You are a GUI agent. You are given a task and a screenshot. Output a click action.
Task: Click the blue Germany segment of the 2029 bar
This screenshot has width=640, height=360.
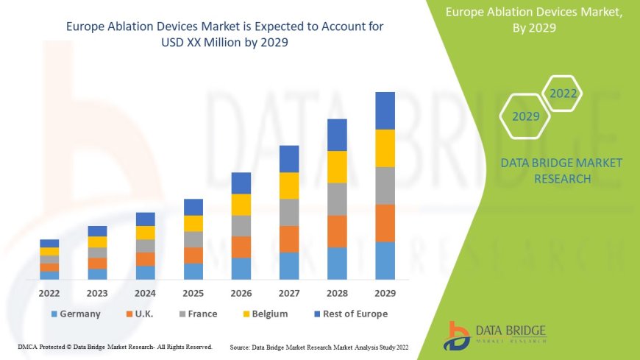coord(385,261)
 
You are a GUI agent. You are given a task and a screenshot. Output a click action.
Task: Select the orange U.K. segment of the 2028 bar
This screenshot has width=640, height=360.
coord(337,231)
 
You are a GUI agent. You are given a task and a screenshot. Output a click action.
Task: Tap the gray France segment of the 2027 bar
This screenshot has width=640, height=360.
coord(289,212)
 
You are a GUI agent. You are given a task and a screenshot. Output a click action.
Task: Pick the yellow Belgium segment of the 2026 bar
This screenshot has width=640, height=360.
coord(241,205)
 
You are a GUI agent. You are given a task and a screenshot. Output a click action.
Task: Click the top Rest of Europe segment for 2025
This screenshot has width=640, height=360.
coord(193,207)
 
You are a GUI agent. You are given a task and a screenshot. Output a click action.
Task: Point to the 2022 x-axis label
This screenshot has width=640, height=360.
coord(49,292)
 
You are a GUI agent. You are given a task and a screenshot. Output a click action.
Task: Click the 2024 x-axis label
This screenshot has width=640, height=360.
coord(145,292)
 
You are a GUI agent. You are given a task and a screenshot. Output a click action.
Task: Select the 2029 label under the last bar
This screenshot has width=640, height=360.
coord(385,292)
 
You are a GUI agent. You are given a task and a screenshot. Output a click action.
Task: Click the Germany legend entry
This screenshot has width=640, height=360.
coord(75,314)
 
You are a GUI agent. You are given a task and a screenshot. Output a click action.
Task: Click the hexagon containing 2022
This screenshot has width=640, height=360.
coord(563,93)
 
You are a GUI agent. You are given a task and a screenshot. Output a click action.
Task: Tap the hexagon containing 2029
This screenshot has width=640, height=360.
coord(526,116)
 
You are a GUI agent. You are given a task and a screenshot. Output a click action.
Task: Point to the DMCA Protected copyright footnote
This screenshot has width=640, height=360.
coord(115,346)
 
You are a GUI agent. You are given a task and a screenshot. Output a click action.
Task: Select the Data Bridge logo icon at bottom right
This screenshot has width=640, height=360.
coord(457,335)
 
